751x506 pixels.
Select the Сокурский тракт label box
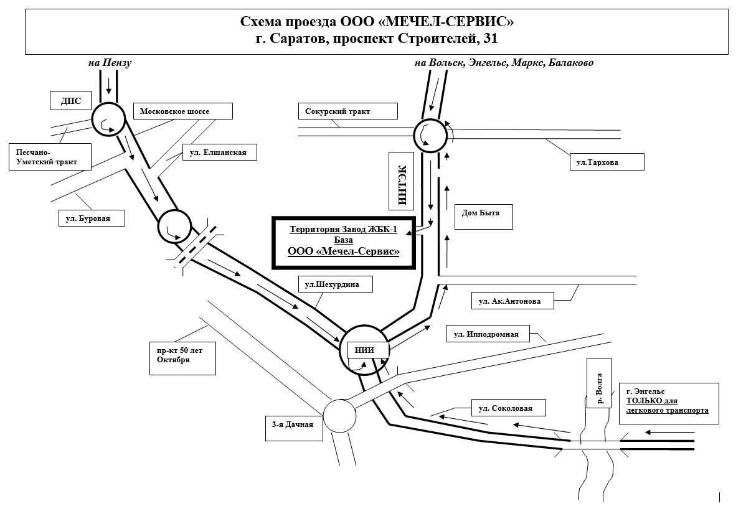tap(347, 111)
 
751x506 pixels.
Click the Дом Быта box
tap(477, 216)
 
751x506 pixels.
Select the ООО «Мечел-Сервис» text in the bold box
tap(343, 251)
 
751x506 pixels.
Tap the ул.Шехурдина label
tap(336, 284)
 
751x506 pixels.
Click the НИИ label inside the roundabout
tap(364, 350)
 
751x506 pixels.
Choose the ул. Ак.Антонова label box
tap(512, 301)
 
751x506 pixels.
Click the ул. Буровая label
tap(92, 218)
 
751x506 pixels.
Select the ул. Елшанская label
tap(219, 152)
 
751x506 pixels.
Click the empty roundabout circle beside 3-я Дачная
tap(340, 416)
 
